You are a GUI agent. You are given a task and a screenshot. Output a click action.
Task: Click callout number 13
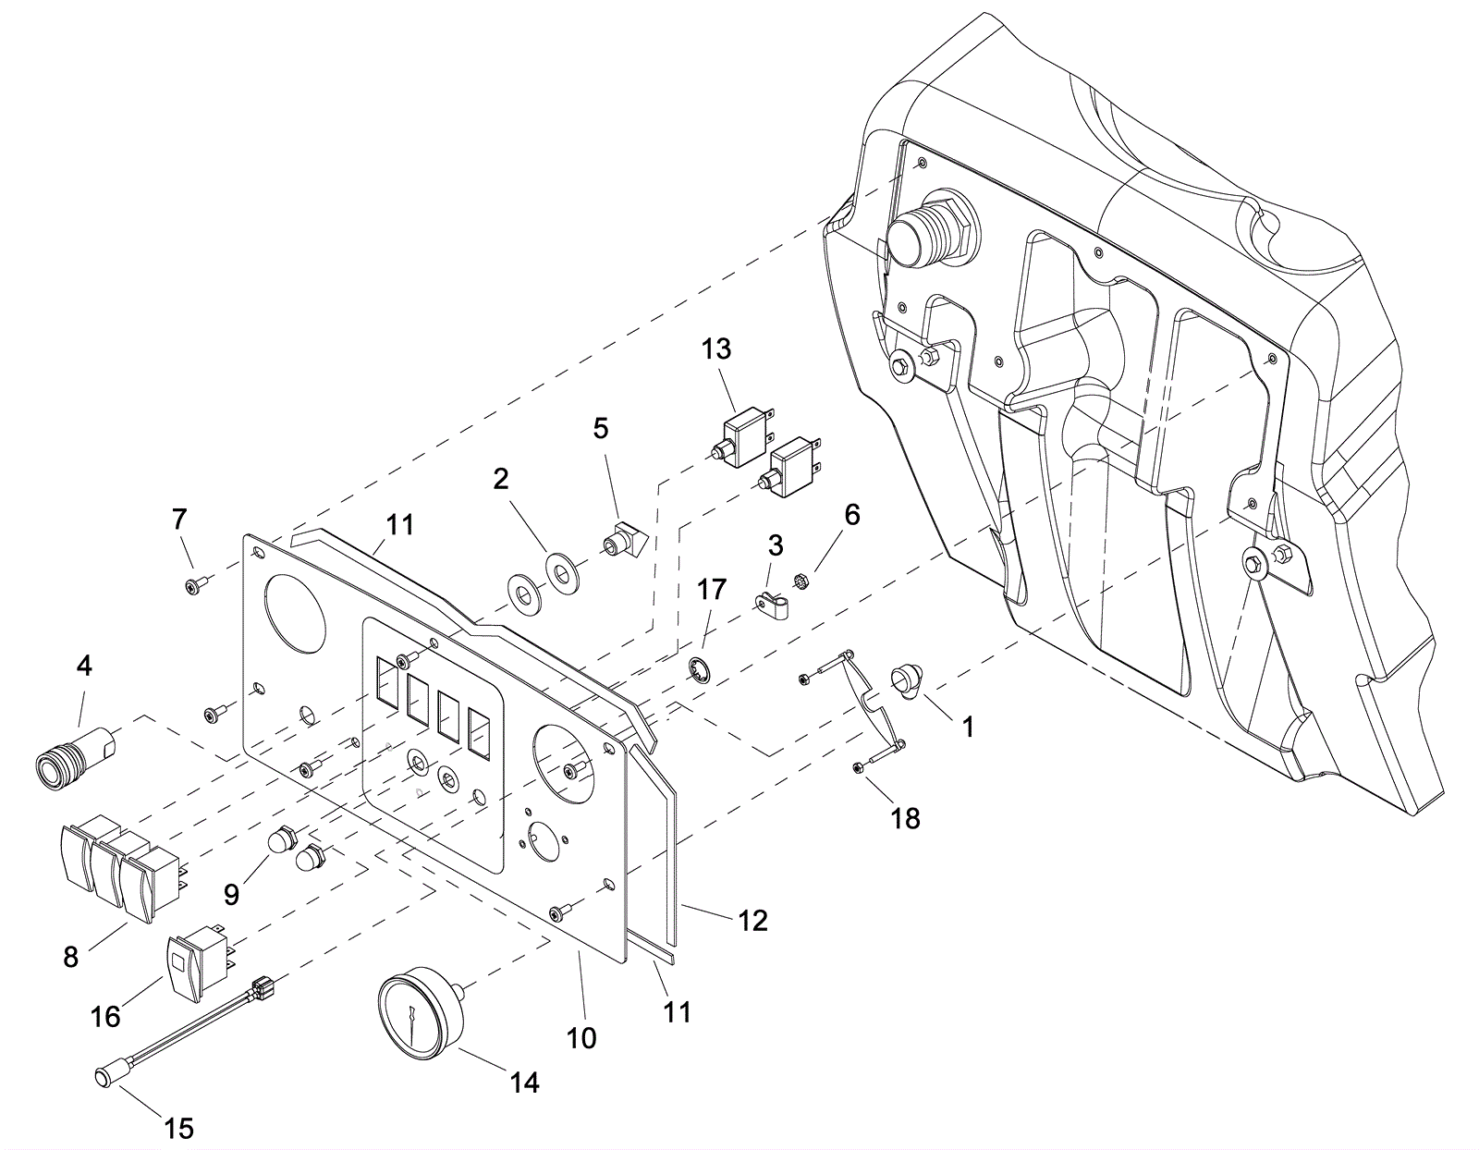(x=716, y=349)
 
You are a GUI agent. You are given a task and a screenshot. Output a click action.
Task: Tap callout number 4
(x=84, y=665)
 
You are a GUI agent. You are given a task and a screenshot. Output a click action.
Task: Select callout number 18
(x=906, y=818)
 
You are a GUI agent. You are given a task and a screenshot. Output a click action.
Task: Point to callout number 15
(x=179, y=1128)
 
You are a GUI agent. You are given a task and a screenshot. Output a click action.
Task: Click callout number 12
(x=753, y=921)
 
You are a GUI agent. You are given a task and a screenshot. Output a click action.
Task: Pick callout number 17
(x=713, y=589)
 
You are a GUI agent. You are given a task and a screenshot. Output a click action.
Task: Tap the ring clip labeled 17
(x=701, y=669)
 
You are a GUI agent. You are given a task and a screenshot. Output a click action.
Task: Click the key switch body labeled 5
(x=621, y=539)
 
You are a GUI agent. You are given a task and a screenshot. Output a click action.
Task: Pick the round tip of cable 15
(x=103, y=1075)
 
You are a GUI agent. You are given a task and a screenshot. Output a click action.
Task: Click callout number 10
(x=581, y=1038)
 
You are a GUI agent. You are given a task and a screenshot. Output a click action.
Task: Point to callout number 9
(x=231, y=894)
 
